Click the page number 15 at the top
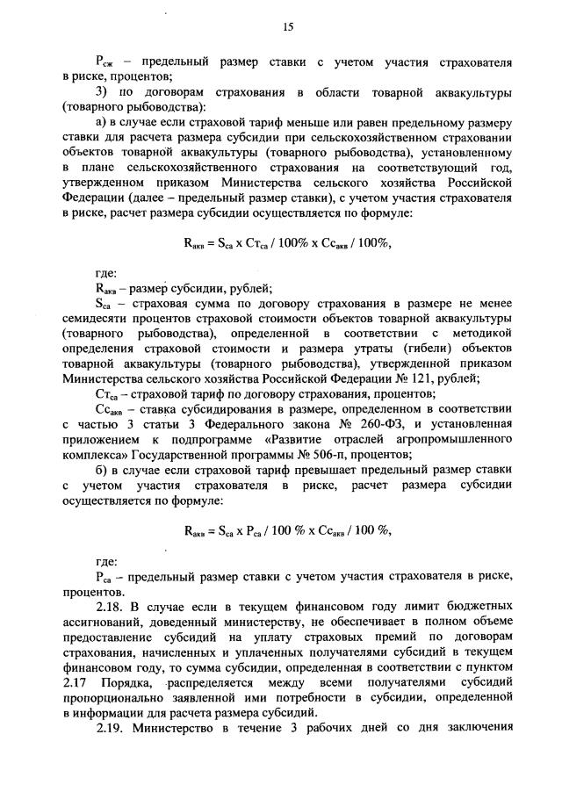coord(286,27)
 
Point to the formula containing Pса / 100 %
coord(287,529)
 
